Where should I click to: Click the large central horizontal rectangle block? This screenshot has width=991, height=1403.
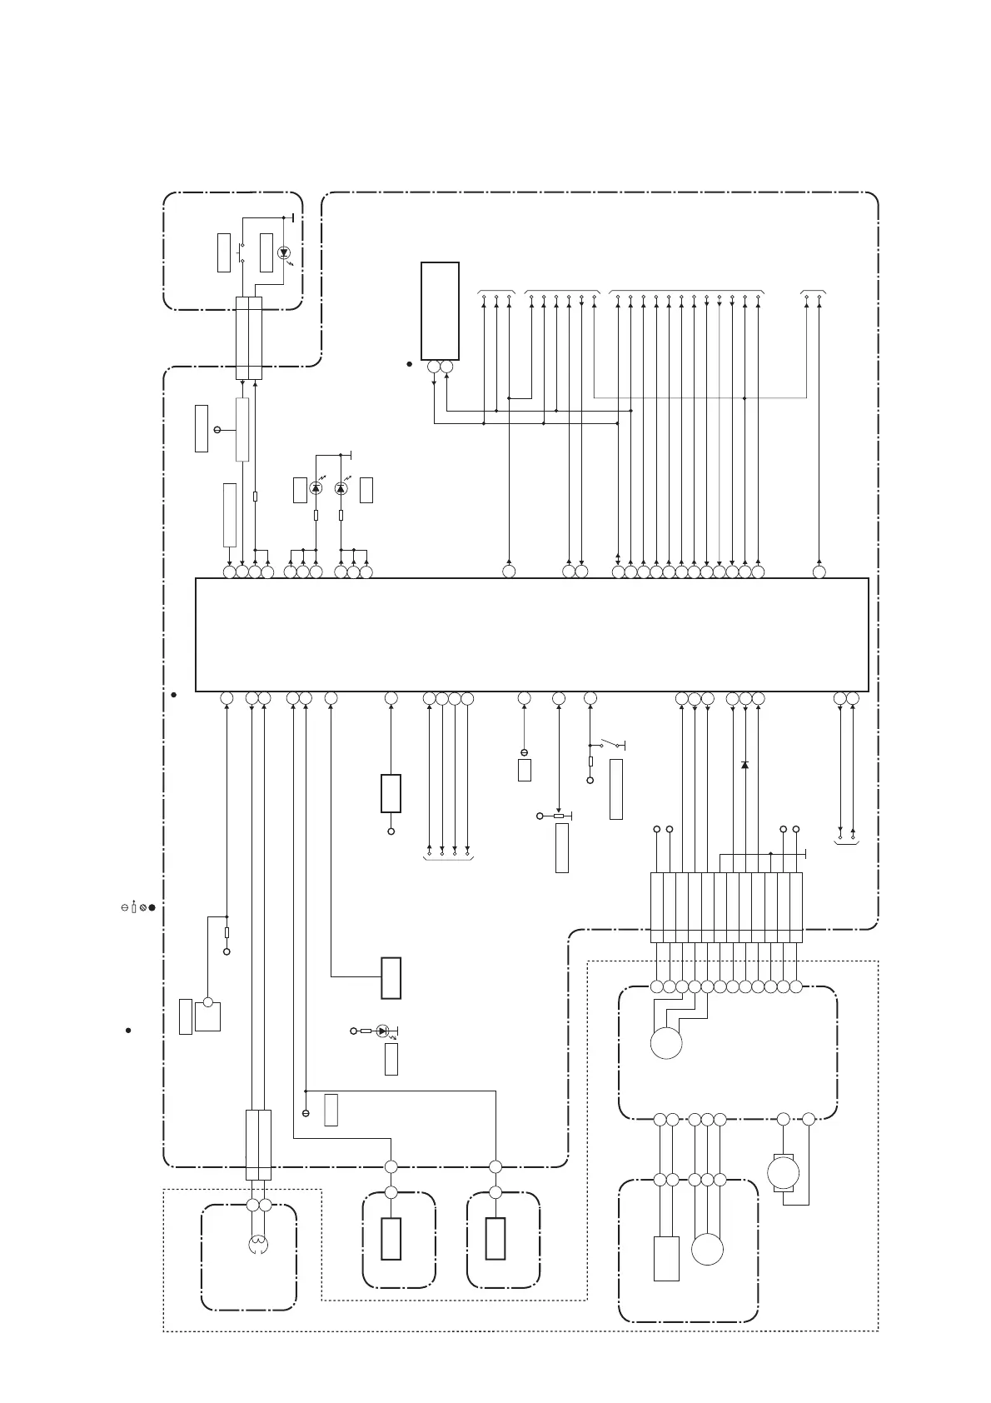pos(531,634)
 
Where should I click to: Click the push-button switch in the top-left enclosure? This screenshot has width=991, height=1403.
pos(242,252)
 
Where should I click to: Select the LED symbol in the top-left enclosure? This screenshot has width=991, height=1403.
pos(285,252)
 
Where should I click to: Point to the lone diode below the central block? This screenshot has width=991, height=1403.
pos(744,764)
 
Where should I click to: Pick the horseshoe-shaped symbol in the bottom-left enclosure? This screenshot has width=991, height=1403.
pos(258,1245)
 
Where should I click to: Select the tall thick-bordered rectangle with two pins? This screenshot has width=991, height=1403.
pos(440,311)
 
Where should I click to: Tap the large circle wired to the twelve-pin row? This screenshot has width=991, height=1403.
pos(666,1043)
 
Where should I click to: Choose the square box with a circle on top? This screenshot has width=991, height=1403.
pos(208,1016)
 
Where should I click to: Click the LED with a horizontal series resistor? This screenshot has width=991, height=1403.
pos(382,1031)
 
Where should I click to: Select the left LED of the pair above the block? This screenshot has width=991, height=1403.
pos(316,488)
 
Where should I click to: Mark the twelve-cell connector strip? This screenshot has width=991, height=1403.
pos(725,907)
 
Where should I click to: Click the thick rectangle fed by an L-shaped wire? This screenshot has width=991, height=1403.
pos(391,977)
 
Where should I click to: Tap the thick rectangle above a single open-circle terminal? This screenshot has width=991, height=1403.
pos(391,793)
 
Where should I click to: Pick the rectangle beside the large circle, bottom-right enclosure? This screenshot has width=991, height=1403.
pos(666,1258)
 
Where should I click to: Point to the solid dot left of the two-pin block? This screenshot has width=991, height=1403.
pos(410,364)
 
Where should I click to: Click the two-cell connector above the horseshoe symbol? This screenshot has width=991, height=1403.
pos(258,1144)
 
